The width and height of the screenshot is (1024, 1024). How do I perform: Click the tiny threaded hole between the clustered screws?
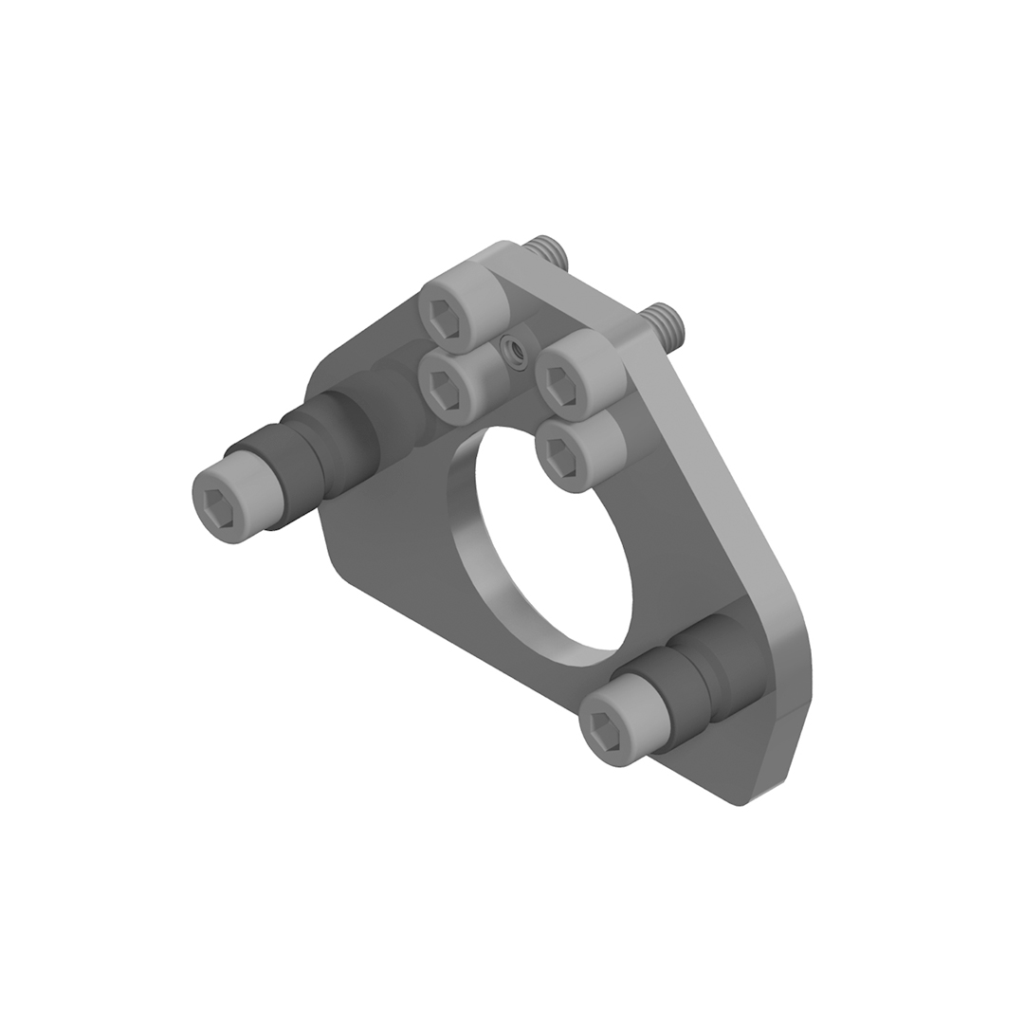coord(517,351)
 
